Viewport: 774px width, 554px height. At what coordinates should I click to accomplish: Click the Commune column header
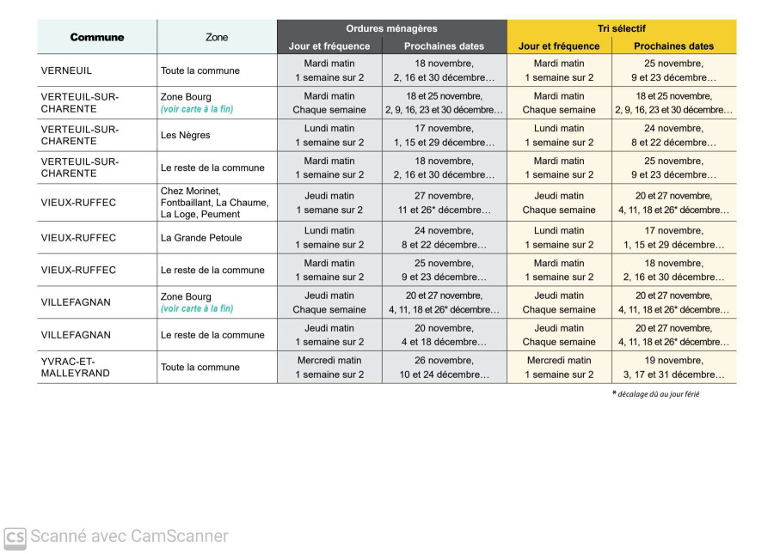coord(97,37)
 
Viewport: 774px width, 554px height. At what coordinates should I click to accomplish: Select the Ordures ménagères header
coord(391,28)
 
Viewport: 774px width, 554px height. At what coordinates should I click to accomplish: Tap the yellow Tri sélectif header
coord(621,28)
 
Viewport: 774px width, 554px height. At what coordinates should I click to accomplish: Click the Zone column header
coord(217,37)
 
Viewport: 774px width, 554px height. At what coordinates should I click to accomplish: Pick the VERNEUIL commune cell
coord(66,70)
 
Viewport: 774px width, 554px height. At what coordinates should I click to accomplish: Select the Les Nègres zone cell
coord(185,135)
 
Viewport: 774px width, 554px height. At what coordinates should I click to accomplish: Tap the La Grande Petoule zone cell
coord(200,237)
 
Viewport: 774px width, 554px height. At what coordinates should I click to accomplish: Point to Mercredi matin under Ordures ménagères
coord(329,360)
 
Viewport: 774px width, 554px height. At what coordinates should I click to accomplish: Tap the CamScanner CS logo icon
coord(15,538)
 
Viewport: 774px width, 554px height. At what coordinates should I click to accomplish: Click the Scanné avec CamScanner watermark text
coord(129,537)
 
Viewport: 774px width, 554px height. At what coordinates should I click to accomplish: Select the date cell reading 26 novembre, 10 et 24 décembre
coord(444,367)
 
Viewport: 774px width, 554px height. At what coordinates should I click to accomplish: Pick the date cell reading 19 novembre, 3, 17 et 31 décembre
coord(673,367)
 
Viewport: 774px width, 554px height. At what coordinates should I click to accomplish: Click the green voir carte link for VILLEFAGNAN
coord(196,308)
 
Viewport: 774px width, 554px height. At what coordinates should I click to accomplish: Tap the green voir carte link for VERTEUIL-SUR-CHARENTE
coord(196,109)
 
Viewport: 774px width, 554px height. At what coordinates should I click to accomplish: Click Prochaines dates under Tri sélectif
coord(673,46)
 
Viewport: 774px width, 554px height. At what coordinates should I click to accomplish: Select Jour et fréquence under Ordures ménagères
coord(329,46)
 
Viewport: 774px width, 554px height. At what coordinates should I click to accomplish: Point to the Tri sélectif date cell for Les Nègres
coord(673,135)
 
